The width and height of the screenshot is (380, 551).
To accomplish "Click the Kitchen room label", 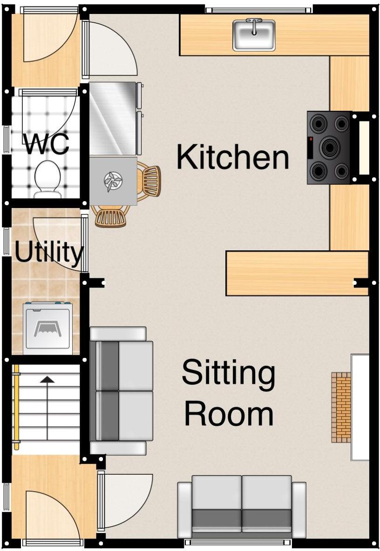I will [x=232, y=157].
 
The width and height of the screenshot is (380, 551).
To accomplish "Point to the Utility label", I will [x=48, y=252].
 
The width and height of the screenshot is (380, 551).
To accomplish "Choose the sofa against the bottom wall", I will [x=242, y=507].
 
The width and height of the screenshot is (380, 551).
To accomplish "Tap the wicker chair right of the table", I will [x=150, y=181].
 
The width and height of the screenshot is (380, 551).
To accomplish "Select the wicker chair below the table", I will [x=111, y=217].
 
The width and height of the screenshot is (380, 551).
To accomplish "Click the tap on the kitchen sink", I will [x=254, y=23].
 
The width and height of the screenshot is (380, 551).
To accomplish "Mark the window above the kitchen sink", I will [x=258, y=10].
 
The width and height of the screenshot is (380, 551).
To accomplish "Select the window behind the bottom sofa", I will [x=238, y=542].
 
